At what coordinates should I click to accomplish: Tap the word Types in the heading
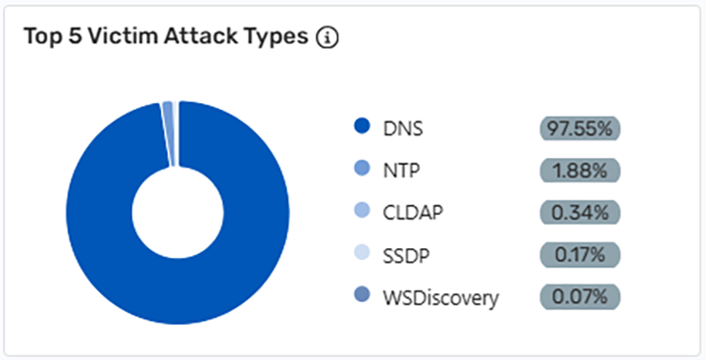pyautogui.click(x=278, y=37)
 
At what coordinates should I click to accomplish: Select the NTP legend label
pyautogui.click(x=403, y=171)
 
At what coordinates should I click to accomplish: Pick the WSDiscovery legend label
pyautogui.click(x=439, y=297)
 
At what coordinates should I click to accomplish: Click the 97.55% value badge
pyautogui.click(x=580, y=128)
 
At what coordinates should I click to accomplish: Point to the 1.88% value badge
pyautogui.click(x=580, y=171)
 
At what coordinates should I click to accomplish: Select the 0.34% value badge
pyautogui.click(x=580, y=213)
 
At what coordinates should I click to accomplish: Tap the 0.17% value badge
pyautogui.click(x=580, y=255)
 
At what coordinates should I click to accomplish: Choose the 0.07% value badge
pyautogui.click(x=580, y=297)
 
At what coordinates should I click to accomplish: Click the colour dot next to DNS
pyautogui.click(x=361, y=128)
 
